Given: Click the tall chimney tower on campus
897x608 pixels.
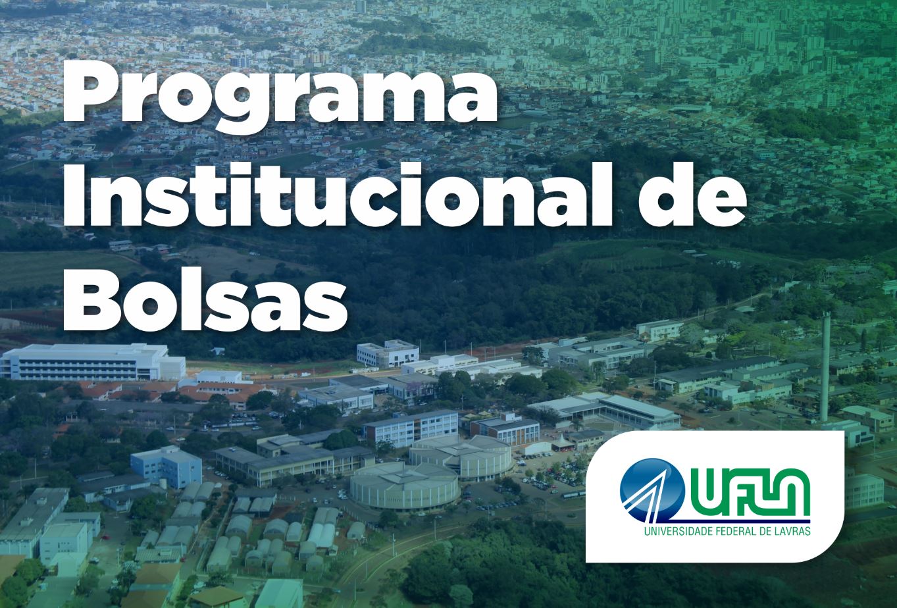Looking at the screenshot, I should [x=825, y=368].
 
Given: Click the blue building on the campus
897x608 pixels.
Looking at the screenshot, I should [x=166, y=465].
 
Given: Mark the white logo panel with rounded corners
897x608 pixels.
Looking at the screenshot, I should [x=714, y=497].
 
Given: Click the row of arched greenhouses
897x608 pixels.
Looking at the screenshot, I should [x=276, y=536].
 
